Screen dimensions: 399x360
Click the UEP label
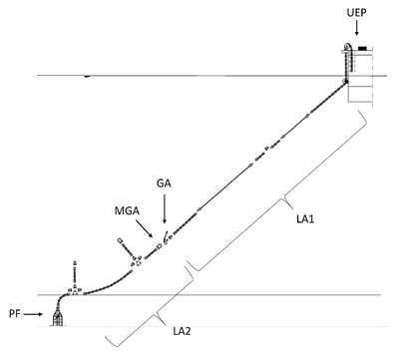pos(356,13)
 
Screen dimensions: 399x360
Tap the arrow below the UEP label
pos(357,28)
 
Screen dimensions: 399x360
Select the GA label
pos(164,183)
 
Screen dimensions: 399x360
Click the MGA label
pos(127,210)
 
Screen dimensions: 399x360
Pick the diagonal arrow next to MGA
pos(144,228)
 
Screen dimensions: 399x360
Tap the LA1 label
pos(305,219)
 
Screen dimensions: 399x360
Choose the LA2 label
pos(182,331)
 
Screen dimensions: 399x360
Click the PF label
pos(15,314)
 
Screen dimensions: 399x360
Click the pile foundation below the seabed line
pos(58,318)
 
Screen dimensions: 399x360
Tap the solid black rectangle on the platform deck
pos(362,48)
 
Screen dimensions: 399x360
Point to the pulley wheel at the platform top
pos(347,46)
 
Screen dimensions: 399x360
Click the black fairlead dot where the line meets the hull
pos(345,82)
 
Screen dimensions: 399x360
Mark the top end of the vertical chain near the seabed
pos(75,263)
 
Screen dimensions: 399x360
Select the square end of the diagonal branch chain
pos(120,240)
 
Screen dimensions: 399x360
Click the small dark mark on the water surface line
pos(88,76)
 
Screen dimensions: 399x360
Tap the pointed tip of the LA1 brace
pos(292,208)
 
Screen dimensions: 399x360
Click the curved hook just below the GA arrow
pos(165,236)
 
